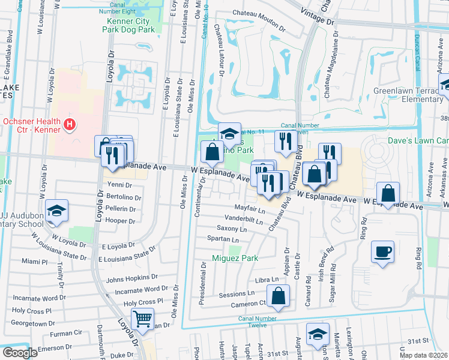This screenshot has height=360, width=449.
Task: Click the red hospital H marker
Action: [x=70, y=125]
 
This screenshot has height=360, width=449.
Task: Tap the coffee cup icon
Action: [x=382, y=251]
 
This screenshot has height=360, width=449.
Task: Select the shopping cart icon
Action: [x=142, y=319]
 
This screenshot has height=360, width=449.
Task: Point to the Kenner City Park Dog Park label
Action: [x=127, y=25]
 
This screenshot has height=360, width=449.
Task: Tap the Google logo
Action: [x=20, y=353]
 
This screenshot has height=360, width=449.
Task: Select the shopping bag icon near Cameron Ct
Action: [x=279, y=295]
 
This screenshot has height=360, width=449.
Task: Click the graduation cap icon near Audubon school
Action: [x=56, y=211]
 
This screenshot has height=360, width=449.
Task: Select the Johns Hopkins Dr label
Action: [x=131, y=279]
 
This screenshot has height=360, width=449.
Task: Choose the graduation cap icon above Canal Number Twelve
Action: [x=318, y=334]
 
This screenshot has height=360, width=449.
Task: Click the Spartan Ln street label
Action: [x=223, y=239]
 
